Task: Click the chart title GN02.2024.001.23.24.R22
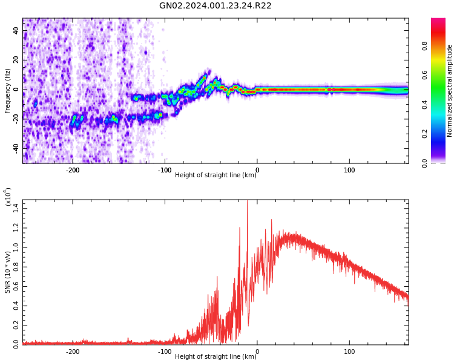tap(215, 6)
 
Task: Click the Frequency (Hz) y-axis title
tap(8, 91)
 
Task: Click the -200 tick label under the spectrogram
tap(73, 170)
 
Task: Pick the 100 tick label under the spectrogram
tap(349, 170)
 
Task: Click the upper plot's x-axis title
tap(215, 175)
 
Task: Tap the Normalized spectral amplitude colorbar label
tap(450, 91)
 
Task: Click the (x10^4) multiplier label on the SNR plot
tap(8, 197)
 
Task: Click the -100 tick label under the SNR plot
tap(165, 352)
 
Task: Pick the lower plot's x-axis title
tap(215, 357)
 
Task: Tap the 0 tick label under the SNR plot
tap(257, 352)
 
